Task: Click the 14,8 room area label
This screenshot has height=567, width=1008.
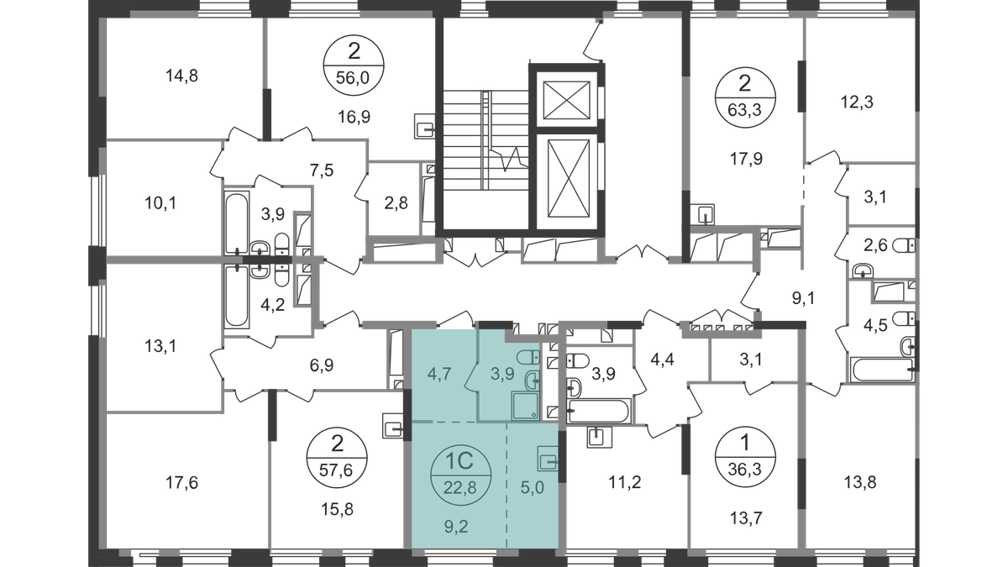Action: (x=181, y=76)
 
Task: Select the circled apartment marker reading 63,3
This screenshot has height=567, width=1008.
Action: (x=745, y=97)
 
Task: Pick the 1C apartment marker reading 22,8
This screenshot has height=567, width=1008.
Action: (x=460, y=474)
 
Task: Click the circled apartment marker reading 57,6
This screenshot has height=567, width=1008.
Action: (x=337, y=458)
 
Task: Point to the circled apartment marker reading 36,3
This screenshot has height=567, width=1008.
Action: (x=745, y=457)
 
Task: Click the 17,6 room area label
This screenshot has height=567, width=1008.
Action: (x=181, y=483)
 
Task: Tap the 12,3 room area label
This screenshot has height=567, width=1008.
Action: (x=858, y=102)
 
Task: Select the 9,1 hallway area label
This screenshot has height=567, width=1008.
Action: (x=803, y=298)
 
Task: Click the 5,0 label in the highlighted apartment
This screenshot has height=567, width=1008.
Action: (x=533, y=487)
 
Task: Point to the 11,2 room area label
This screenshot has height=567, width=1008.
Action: (x=625, y=482)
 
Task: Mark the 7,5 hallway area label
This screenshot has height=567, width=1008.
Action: (x=323, y=171)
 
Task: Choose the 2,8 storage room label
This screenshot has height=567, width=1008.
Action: (x=396, y=203)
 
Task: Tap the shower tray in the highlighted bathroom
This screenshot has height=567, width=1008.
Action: (x=525, y=406)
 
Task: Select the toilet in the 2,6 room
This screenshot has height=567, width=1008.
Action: (x=904, y=245)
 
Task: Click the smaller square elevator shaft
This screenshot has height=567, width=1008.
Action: (x=566, y=100)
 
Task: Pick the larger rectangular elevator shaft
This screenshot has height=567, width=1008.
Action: (x=569, y=178)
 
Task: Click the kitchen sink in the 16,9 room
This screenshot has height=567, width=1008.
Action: (x=424, y=126)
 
